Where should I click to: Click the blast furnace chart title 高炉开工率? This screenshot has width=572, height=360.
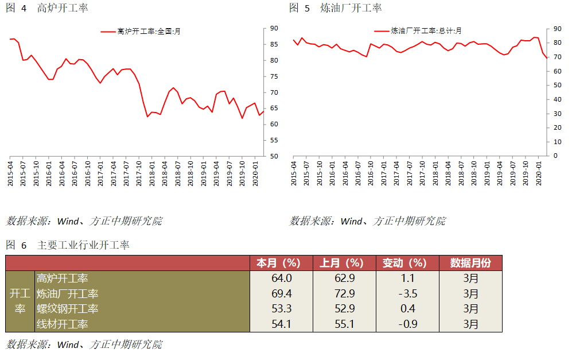tap(63, 8)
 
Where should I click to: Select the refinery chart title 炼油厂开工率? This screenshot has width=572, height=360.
tap(351, 8)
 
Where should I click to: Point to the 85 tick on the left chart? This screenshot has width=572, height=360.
tap(274, 44)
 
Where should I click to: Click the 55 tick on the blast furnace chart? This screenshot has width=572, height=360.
tap(274, 140)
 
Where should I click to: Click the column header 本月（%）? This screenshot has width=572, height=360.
tap(281, 263)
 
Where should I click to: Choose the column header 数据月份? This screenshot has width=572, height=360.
tap(470, 263)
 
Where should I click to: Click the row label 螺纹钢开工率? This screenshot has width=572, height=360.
tap(68, 309)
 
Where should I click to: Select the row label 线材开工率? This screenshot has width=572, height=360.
tap(63, 324)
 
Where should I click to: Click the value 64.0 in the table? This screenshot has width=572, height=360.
tap(281, 278)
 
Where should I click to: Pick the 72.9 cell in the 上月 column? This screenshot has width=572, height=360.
tap(344, 294)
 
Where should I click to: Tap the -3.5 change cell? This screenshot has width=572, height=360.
tap(407, 294)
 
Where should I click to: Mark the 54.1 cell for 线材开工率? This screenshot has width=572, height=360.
tap(281, 324)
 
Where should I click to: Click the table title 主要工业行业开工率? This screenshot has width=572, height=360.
tap(83, 245)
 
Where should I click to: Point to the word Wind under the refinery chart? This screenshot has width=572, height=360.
tap(351, 221)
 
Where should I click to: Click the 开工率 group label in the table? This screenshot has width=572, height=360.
tap(20, 301)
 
